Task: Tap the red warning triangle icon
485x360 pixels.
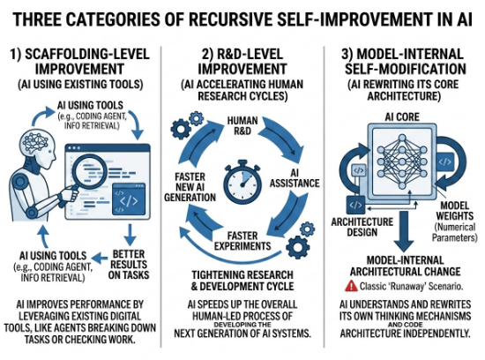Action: pos(351,286)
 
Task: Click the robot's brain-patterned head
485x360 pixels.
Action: pos(37,143)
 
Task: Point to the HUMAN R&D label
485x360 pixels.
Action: pos(242,125)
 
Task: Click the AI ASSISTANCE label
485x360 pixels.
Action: pos(295,178)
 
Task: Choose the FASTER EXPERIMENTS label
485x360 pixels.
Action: pos(242,241)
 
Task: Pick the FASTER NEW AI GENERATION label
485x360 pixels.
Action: pos(190,187)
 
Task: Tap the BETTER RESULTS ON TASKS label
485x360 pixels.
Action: pos(129,265)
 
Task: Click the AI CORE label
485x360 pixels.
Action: pos(402,117)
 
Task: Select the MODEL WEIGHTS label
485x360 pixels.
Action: pos(455,211)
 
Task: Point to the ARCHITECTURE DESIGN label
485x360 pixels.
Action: pos(362,227)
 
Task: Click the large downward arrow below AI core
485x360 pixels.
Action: pos(404,231)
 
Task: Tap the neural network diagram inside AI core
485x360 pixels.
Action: pos(402,161)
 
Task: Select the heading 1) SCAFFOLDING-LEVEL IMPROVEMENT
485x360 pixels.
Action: pos(79,61)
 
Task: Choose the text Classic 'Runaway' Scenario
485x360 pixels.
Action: pos(411,286)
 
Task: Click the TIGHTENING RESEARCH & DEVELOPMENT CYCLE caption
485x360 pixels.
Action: pos(242,280)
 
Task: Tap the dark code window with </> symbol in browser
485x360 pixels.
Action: pos(129,200)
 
